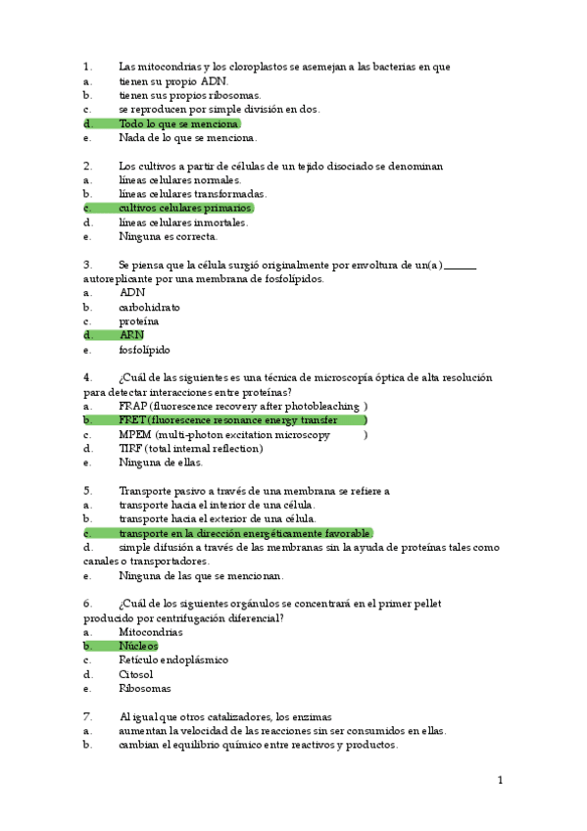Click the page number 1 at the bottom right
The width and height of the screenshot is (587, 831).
click(500, 780)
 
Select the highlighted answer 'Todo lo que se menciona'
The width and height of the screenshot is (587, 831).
click(177, 124)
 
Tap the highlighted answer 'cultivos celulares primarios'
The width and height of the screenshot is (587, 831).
click(184, 209)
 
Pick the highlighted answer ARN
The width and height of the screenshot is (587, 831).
click(131, 335)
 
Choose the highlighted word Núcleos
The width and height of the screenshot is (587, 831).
click(138, 647)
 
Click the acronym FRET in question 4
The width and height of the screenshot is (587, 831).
click(131, 420)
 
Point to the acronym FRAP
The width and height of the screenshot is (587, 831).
click(132, 406)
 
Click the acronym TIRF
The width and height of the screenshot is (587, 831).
click(131, 449)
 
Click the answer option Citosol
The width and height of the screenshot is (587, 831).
click(136, 674)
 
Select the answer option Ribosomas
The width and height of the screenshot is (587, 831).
click(144, 689)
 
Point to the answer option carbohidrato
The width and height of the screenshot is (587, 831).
click(149, 307)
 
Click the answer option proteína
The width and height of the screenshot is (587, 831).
click(138, 321)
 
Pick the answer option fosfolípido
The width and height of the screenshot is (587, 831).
click(144, 350)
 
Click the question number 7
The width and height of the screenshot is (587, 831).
click(87, 717)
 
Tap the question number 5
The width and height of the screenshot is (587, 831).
click(87, 491)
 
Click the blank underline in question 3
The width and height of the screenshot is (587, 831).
click(460, 266)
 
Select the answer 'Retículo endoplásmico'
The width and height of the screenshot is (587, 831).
click(173, 660)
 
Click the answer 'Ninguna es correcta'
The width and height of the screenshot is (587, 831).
click(168, 236)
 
